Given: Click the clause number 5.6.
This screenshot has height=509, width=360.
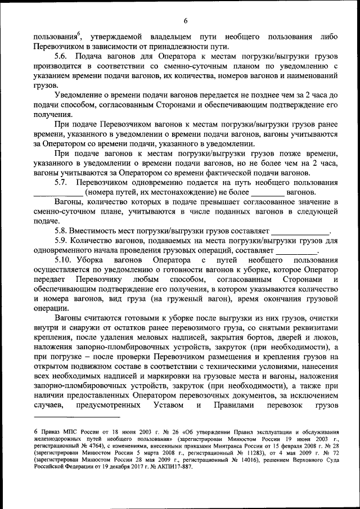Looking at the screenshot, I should (61, 56).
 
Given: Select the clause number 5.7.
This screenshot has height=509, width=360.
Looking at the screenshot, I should (61, 183).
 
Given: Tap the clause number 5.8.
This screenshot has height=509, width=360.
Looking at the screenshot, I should (61, 231).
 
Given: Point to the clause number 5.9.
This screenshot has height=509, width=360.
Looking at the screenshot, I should (61, 241).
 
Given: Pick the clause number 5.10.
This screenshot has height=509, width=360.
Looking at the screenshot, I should (63, 260).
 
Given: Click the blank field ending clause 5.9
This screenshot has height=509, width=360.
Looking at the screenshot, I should (296, 251).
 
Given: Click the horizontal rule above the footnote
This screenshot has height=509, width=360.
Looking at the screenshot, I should (76, 417).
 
